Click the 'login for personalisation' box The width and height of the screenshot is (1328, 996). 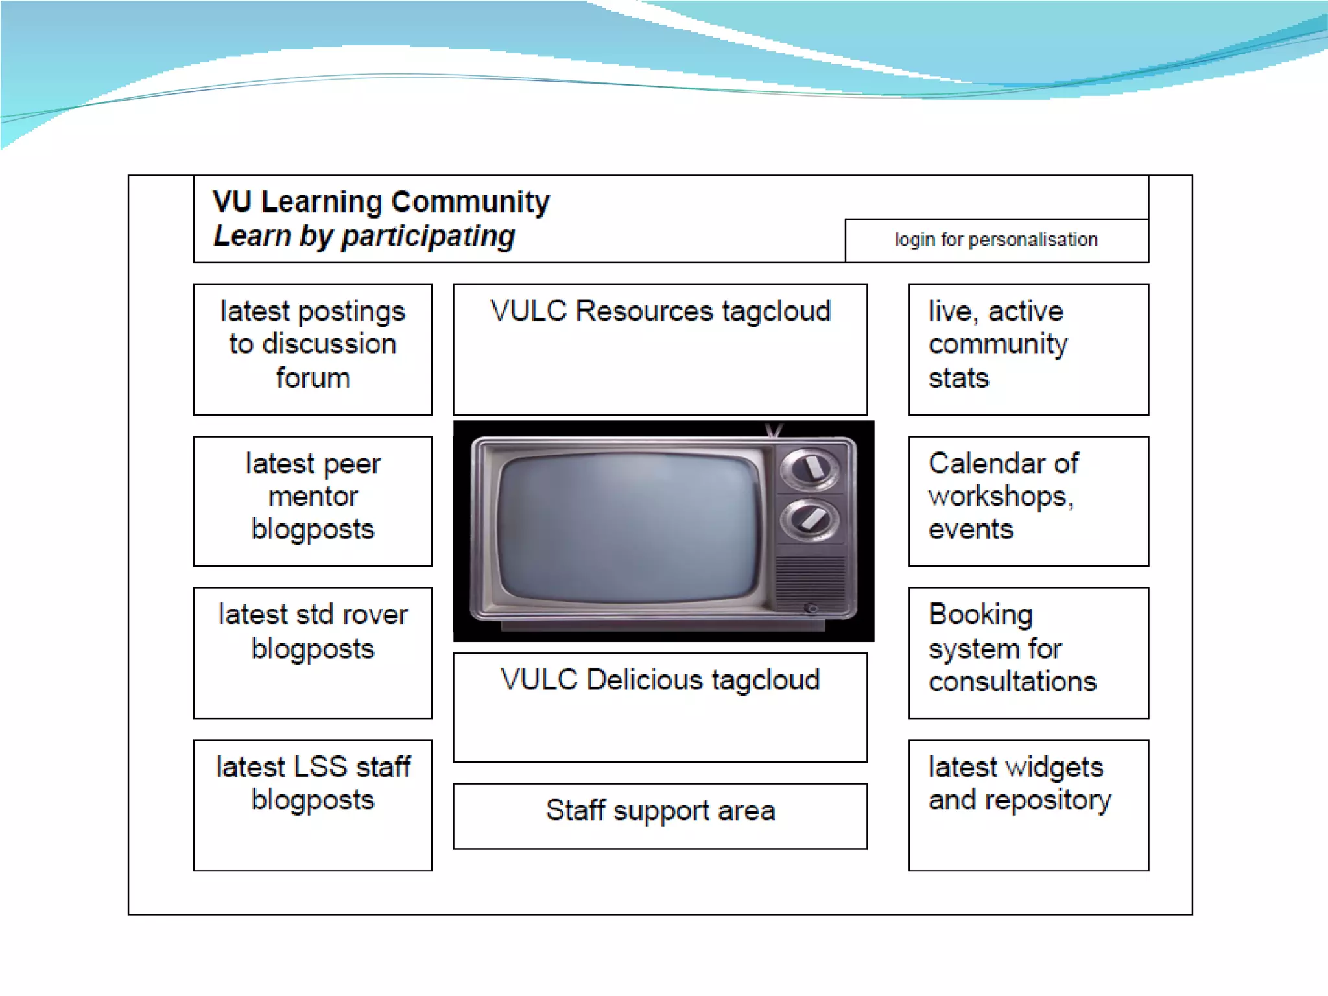pos(996,241)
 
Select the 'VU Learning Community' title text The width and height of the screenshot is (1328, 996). pos(381,202)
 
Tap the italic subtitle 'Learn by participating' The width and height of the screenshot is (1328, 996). pos(364,236)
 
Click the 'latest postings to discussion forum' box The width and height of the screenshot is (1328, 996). pos(313,349)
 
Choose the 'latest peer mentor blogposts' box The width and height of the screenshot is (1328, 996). pos(313,501)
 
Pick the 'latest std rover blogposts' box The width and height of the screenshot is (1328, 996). pos(313,652)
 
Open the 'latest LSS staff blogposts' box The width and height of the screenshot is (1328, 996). pos(313,805)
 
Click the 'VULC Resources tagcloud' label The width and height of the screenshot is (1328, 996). pos(660,311)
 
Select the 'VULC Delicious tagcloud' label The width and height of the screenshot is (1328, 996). pos(660,680)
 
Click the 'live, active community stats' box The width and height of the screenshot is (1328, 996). pos(1028,349)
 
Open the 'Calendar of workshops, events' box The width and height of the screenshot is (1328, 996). pos(1028,501)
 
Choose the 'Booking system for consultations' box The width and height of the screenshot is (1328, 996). pos(1028,652)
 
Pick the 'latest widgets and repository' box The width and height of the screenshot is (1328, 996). pos(1028,805)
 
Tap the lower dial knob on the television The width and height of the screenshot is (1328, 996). pos(809,519)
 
